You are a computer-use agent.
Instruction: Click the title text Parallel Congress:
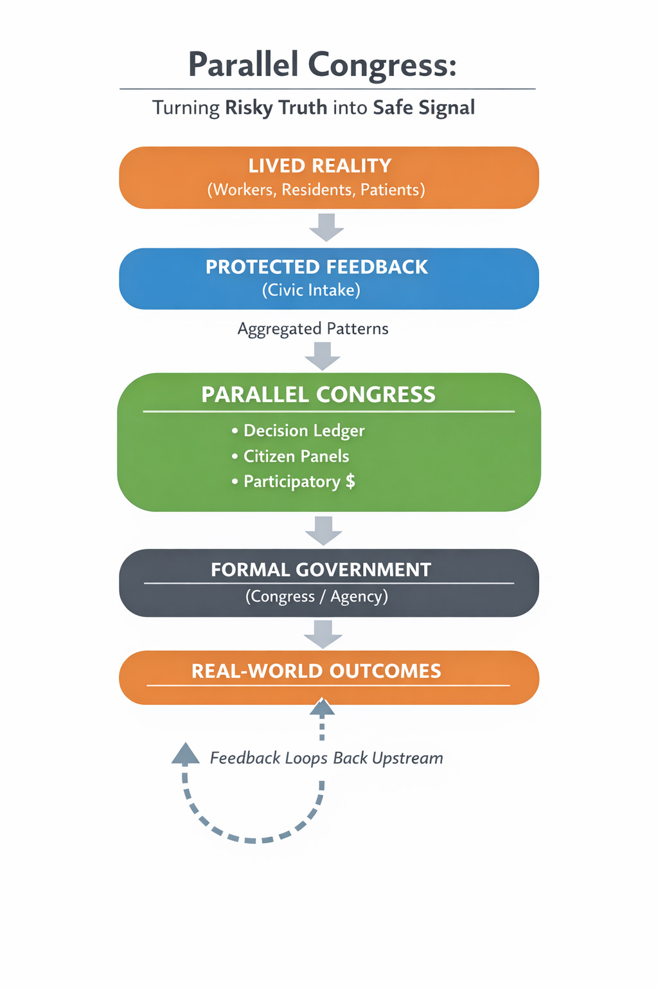pyautogui.click(x=323, y=65)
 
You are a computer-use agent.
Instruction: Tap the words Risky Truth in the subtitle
pyautogui.click(x=276, y=107)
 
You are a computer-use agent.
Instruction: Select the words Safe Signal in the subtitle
pyautogui.click(x=423, y=107)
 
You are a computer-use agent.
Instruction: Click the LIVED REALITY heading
pyautogui.click(x=320, y=166)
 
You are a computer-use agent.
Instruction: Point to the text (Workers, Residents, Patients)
pyautogui.click(x=316, y=190)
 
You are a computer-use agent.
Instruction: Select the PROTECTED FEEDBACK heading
pyautogui.click(x=317, y=267)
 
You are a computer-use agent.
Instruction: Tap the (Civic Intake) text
pyautogui.click(x=311, y=290)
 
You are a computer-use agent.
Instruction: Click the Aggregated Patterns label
pyautogui.click(x=313, y=329)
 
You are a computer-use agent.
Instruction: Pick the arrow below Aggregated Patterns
pyautogui.click(x=323, y=356)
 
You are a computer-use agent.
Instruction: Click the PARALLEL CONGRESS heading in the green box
pyautogui.click(x=319, y=394)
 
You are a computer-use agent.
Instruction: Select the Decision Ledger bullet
pyautogui.click(x=304, y=430)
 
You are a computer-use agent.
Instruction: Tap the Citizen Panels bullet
pyautogui.click(x=296, y=456)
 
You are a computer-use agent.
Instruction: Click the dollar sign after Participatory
pyautogui.click(x=350, y=481)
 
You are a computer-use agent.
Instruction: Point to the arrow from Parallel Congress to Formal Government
pyautogui.click(x=323, y=530)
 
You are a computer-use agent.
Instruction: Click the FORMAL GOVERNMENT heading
pyautogui.click(x=321, y=570)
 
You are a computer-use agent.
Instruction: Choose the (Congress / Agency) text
pyautogui.click(x=317, y=596)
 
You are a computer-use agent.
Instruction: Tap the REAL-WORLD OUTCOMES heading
pyautogui.click(x=316, y=671)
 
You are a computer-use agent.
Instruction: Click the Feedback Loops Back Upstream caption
pyautogui.click(x=326, y=758)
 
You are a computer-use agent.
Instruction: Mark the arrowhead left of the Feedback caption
pyautogui.click(x=186, y=753)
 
